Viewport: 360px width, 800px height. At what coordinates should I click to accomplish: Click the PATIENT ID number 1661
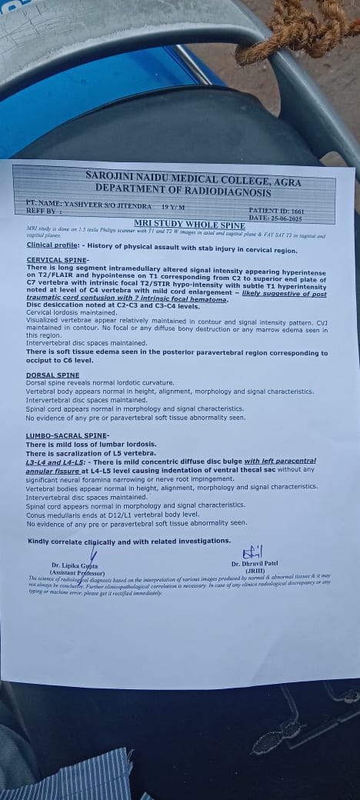pos(298,210)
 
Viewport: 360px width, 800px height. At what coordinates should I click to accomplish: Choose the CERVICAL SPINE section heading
pos(57,260)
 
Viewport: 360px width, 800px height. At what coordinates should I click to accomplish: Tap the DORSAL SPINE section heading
pos(52,375)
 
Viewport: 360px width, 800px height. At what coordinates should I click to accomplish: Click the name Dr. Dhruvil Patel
pos(251,562)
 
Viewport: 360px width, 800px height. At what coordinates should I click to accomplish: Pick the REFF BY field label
pos(43,210)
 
